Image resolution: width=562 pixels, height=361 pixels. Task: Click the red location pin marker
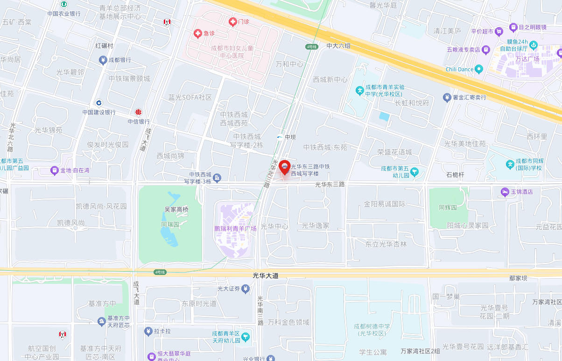[x=284, y=167]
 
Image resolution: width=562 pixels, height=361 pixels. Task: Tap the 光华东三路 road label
[x=330, y=185]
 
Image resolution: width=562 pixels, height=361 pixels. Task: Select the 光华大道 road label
[x=266, y=276]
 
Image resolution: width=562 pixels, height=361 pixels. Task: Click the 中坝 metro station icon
[x=280, y=137]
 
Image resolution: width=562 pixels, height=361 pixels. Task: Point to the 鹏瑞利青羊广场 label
[x=235, y=229]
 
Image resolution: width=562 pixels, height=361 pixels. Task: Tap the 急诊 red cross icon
[x=198, y=33]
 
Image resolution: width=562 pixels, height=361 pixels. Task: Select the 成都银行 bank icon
[x=103, y=60]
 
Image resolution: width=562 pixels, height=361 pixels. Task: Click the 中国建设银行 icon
[x=99, y=103]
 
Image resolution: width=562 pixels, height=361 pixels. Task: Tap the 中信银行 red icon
[x=138, y=112]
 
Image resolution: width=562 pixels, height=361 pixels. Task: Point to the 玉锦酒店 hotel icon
[x=505, y=192]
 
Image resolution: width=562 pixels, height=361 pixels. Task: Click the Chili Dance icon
[x=478, y=69]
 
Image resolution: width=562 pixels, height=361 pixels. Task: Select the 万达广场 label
[x=527, y=59]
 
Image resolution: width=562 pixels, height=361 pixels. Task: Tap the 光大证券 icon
[x=246, y=289]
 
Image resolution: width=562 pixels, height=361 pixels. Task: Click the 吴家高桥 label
[x=176, y=209]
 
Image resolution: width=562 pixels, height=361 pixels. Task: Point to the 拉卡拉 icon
[x=148, y=331]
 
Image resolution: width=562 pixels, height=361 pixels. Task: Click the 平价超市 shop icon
[x=499, y=31]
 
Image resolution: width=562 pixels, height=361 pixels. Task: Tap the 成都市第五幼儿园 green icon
[x=414, y=172]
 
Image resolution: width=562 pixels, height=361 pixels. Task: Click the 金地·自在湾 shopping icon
[x=55, y=170]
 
